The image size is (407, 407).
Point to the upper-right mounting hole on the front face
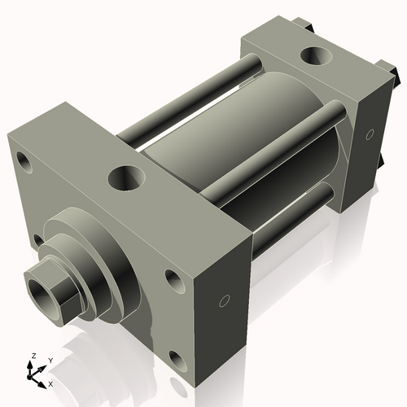175,280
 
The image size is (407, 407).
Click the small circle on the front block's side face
221,302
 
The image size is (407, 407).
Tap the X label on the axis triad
50,383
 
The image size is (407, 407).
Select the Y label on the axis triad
50,360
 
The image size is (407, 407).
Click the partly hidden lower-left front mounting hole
37,239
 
